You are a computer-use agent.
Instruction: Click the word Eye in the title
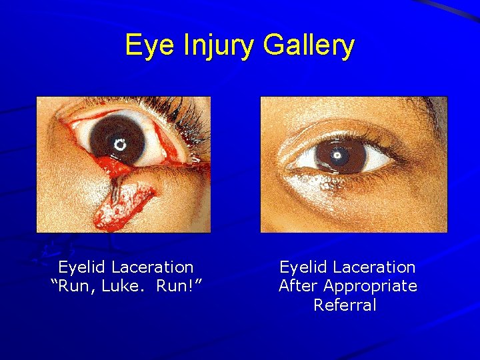coord(144,45)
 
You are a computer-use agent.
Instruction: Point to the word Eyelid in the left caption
coord(82,267)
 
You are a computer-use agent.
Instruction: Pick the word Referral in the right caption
coord(345,305)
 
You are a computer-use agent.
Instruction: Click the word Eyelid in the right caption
coord(303,267)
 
